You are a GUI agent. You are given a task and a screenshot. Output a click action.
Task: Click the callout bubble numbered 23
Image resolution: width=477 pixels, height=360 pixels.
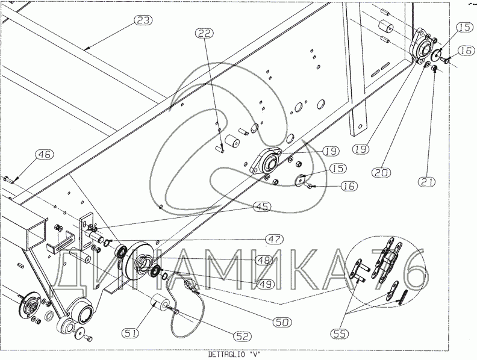click(143, 20)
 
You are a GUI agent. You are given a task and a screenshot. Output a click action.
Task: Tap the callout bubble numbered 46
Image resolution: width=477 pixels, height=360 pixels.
click(44, 155)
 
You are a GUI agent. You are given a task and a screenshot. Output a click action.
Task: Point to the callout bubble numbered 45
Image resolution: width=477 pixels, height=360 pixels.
click(261, 207)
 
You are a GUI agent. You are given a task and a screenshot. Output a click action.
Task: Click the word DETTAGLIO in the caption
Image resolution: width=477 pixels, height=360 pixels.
click(224, 353)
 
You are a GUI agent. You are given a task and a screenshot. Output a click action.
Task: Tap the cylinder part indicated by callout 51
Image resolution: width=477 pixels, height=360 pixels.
click(160, 300)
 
